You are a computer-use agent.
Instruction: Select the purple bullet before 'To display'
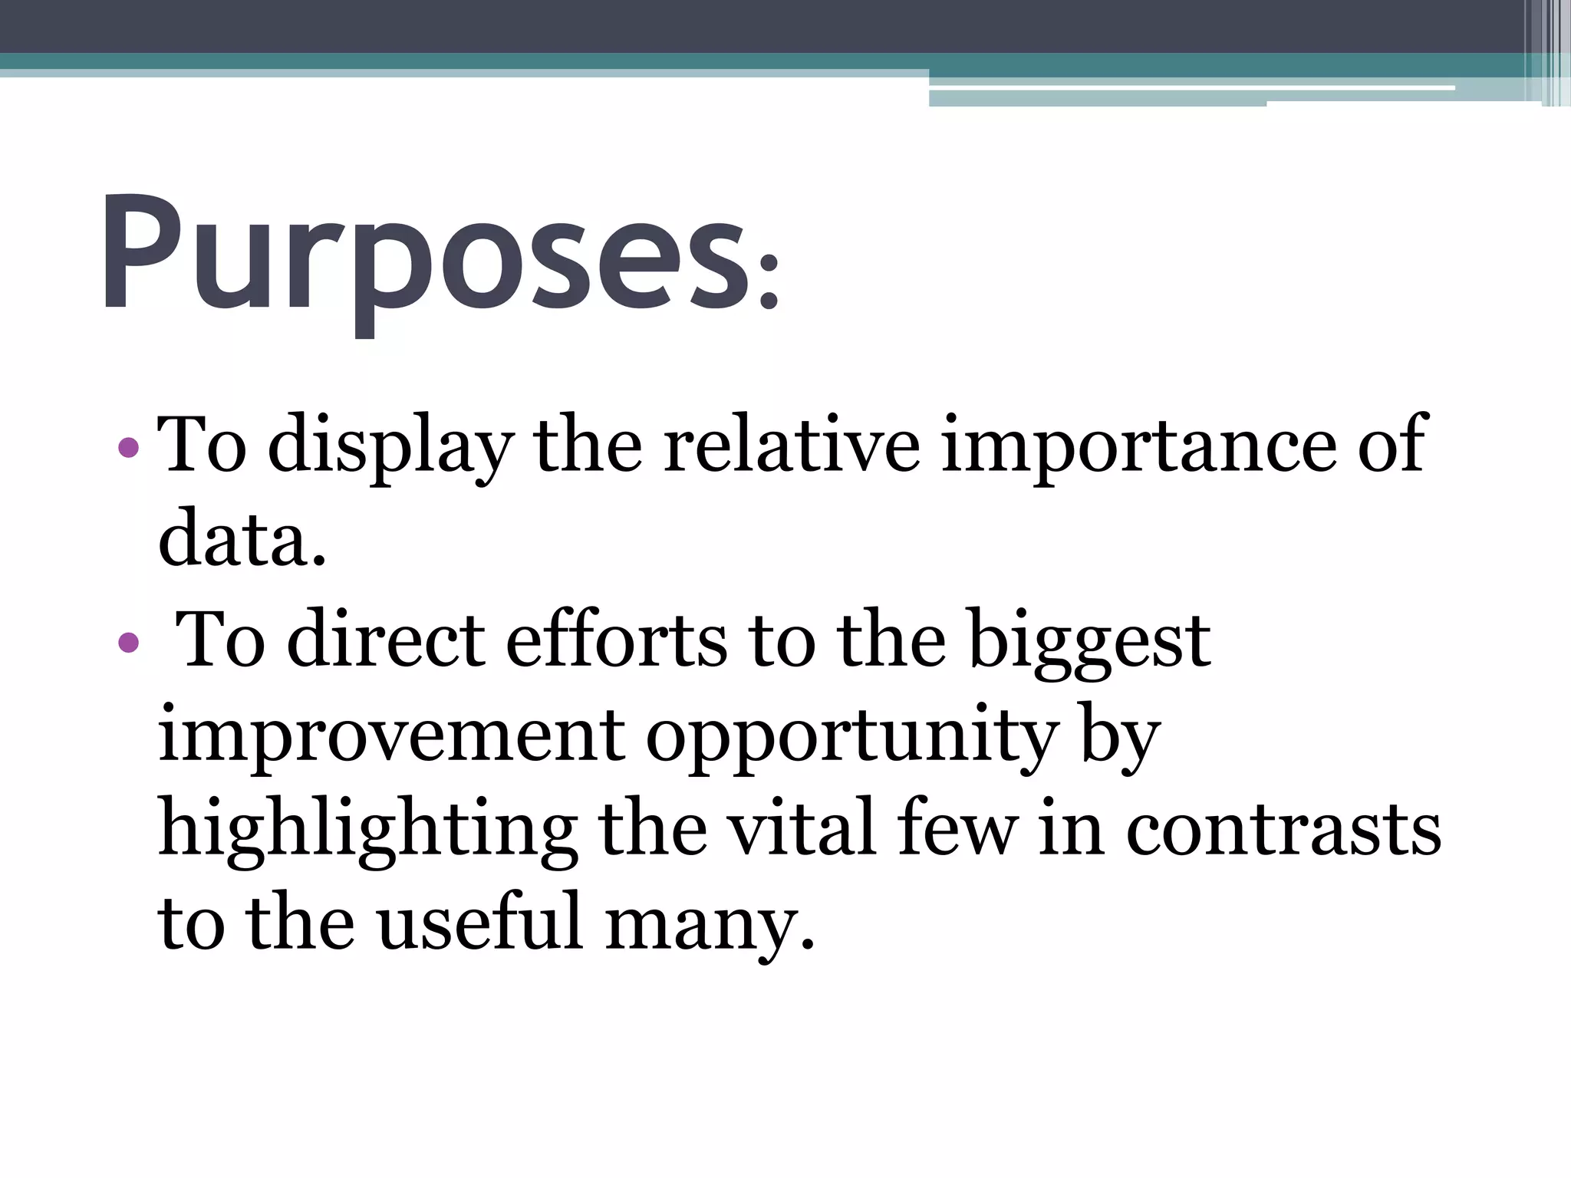point(129,446)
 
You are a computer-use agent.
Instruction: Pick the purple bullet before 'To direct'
point(129,642)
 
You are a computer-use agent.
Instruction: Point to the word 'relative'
point(791,445)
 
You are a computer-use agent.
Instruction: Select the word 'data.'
point(242,539)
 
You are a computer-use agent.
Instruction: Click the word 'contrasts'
point(1283,831)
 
